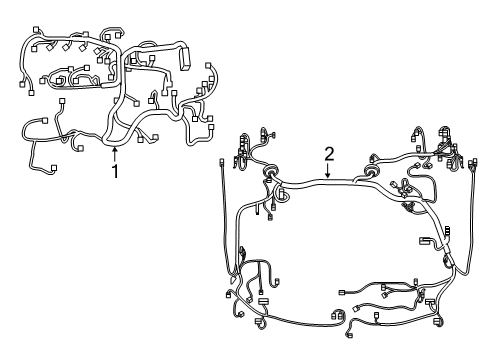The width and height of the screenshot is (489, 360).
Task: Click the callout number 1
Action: [x=115, y=171]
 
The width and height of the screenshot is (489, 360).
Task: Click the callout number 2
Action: [x=329, y=153]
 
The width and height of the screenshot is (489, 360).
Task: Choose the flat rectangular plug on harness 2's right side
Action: [x=427, y=240]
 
